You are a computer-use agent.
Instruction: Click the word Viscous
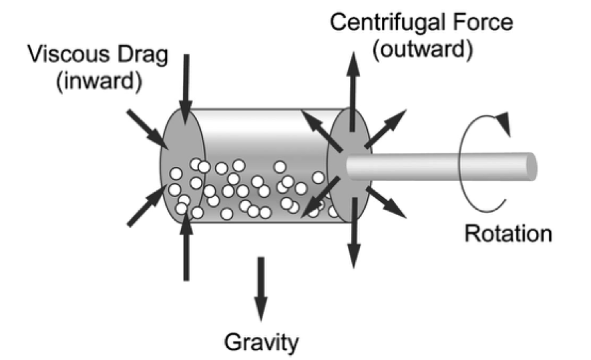coord(69,54)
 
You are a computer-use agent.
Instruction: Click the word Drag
coord(143,55)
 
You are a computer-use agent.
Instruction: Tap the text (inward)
coord(99,81)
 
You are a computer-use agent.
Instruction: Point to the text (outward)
coord(423,49)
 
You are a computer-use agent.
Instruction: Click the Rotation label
coord(508,233)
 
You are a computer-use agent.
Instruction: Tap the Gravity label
coord(261,342)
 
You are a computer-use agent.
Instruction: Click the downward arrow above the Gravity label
coord(261,289)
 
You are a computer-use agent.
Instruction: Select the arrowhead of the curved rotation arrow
coord(504,123)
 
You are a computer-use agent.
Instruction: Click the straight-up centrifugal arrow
coord(353,92)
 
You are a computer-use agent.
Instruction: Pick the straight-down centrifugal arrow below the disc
coord(353,232)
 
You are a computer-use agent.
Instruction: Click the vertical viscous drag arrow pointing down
coord(186,89)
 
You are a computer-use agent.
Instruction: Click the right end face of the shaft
coord(531,166)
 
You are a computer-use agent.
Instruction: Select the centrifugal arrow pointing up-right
coord(385,128)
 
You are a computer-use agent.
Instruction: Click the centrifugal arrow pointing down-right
coord(386,202)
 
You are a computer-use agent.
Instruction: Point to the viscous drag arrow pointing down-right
coord(148,129)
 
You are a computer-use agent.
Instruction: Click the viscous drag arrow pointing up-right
coord(147,206)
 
